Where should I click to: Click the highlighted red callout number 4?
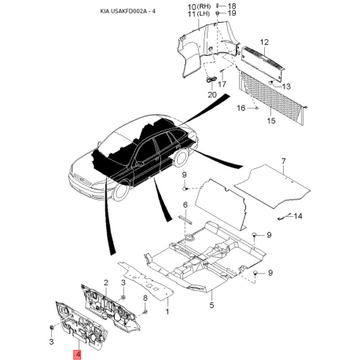click(x=77, y=354)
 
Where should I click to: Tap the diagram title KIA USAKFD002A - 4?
click(x=127, y=12)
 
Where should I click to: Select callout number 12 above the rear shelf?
click(x=264, y=42)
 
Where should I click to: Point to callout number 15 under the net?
click(x=271, y=120)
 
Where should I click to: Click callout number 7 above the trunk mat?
click(x=284, y=161)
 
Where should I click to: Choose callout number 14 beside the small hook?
click(x=298, y=216)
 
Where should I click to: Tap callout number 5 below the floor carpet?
click(x=211, y=305)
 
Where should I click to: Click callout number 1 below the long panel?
click(x=167, y=312)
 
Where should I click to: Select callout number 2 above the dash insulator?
click(x=106, y=283)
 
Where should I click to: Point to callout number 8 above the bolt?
click(x=145, y=298)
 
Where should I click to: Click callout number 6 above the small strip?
click(x=186, y=204)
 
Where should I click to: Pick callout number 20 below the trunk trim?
click(x=212, y=94)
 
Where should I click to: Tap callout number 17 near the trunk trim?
click(x=222, y=84)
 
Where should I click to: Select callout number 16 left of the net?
click(x=241, y=108)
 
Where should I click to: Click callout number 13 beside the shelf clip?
click(x=286, y=86)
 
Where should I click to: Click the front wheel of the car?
click(x=120, y=190)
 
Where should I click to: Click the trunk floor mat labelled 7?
click(x=273, y=186)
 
